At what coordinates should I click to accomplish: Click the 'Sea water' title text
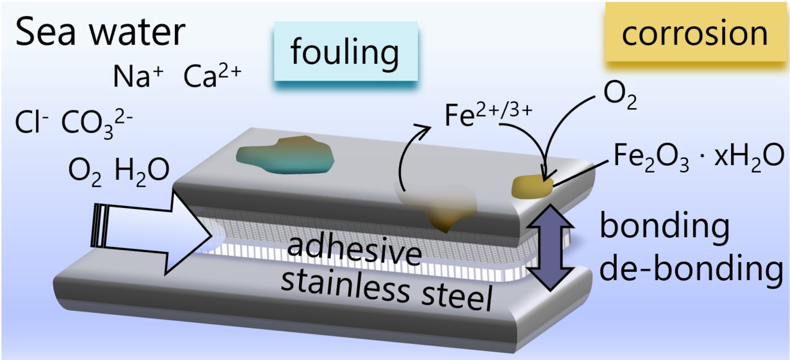pyautogui.click(x=99, y=32)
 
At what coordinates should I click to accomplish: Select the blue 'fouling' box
pyautogui.click(x=345, y=53)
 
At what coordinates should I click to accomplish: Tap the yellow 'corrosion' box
pyautogui.click(x=694, y=34)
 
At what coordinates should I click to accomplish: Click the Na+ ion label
pyautogui.click(x=137, y=77)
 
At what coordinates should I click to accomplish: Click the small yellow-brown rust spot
pyautogui.click(x=531, y=186)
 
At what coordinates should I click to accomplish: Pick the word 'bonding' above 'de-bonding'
pyautogui.click(x=663, y=227)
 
